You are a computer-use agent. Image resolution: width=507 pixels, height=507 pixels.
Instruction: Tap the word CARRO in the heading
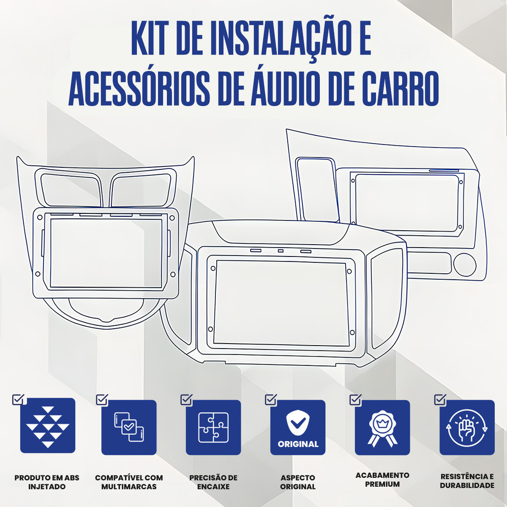tap(400, 88)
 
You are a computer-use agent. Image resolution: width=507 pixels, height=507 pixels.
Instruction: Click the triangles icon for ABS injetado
tap(48, 426)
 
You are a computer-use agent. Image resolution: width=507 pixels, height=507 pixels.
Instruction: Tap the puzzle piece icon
tap(213, 427)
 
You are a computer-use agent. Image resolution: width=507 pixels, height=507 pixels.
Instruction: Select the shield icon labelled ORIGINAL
tap(298, 423)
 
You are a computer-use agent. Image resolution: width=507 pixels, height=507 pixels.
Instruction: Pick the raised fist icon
tap(467, 427)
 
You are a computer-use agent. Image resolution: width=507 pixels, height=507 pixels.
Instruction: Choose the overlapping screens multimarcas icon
tap(129, 427)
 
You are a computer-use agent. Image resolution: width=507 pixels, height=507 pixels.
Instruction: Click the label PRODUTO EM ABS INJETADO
tap(47, 482)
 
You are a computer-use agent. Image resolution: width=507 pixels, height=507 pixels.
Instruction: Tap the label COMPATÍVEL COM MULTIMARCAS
tap(129, 482)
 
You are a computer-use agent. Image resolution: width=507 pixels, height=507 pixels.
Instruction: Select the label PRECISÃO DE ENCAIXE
tap(213, 482)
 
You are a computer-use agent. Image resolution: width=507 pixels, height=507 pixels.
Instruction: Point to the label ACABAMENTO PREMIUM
tap(383, 480)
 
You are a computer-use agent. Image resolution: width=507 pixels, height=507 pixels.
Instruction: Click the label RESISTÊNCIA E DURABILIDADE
tap(467, 481)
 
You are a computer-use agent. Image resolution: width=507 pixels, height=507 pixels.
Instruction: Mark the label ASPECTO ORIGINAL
tap(298, 482)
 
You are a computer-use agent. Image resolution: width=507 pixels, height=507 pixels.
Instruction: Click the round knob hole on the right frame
tap(465, 264)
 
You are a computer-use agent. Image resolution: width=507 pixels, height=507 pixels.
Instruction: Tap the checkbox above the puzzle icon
tap(186, 400)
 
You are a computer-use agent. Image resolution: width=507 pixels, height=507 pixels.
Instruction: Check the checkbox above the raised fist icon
tap(440, 400)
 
